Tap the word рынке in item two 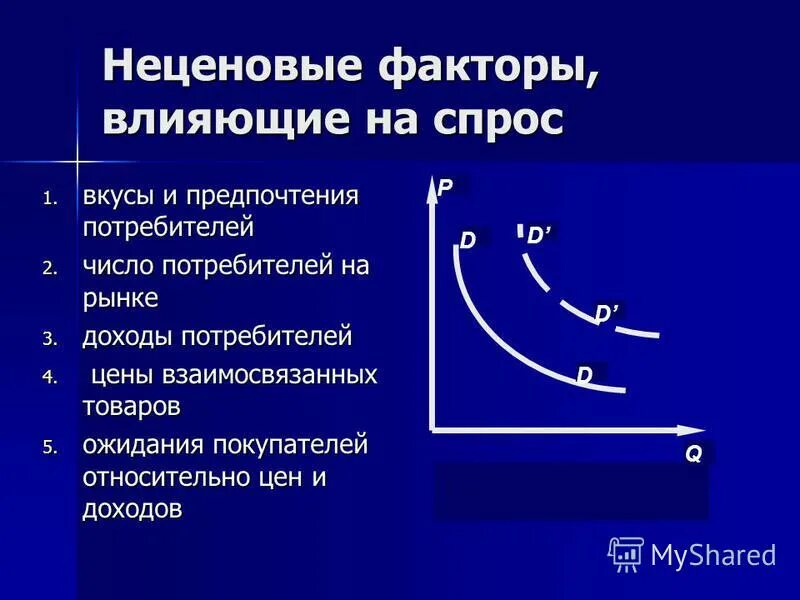120,298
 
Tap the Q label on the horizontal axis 693,453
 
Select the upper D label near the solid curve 468,240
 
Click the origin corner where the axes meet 431,430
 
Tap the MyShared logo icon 626,554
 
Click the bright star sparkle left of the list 76,159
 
